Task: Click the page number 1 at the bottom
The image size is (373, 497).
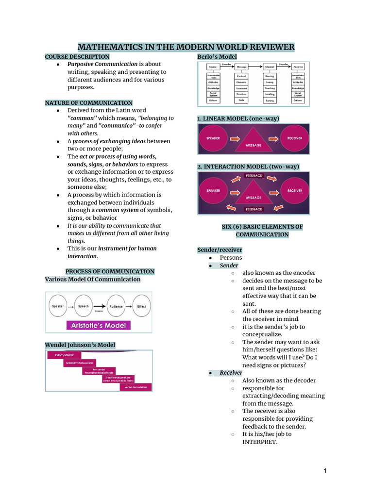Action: point(325,471)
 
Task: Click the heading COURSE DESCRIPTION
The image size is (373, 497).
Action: point(77,57)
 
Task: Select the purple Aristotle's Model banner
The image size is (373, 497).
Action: point(99,325)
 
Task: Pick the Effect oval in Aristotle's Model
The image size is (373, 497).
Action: point(141,307)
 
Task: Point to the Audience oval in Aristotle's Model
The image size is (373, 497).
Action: point(116,307)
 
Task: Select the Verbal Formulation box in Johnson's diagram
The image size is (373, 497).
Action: point(136,387)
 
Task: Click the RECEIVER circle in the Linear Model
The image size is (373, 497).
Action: point(295,138)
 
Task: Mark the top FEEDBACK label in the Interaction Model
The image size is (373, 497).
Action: point(254,175)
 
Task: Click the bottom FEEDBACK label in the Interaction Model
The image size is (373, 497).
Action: point(254,209)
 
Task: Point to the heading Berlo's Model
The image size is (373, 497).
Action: point(217,57)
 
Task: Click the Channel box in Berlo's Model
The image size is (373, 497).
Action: point(269,67)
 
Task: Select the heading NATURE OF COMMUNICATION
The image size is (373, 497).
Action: point(88,103)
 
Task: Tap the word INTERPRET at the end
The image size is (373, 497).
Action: point(259,442)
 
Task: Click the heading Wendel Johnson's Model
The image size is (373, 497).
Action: point(80,345)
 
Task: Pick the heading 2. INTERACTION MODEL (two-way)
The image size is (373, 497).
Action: point(248,166)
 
